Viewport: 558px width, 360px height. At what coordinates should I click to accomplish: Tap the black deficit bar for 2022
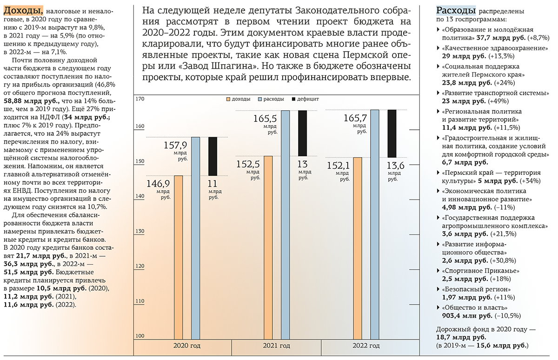click(392, 133)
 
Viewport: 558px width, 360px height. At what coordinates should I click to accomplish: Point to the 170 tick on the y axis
click(140, 99)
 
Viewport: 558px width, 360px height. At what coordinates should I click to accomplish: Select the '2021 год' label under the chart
click(276, 346)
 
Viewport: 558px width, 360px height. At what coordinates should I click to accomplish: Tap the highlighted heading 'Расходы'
click(455, 10)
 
